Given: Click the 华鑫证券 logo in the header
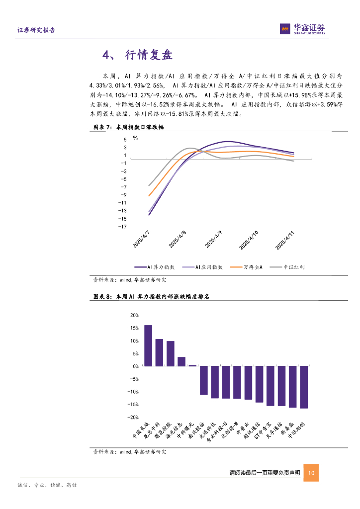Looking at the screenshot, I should coord(303,29).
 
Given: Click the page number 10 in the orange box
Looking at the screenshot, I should coord(311,473).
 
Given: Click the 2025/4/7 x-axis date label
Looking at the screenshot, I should coord(142,239).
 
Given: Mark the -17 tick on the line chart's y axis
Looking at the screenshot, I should coord(122,227).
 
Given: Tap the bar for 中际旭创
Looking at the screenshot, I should coord(304,387).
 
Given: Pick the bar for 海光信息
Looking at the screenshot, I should coord(181,361).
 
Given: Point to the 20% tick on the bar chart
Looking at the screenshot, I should coord(134,316).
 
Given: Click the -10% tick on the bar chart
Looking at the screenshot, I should coord(133,392).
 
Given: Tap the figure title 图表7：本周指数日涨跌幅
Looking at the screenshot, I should coord(129,127).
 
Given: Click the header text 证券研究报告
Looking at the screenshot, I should coord(36,30).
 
